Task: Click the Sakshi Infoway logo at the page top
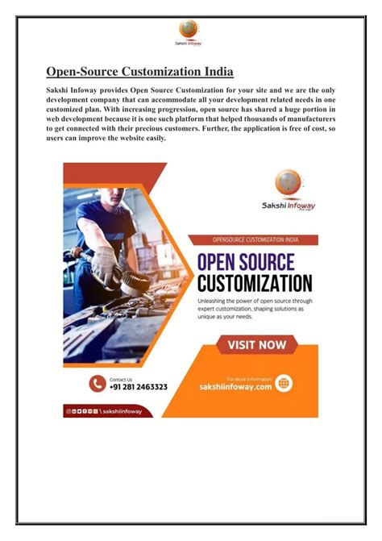point(189,32)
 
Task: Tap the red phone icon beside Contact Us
point(98,384)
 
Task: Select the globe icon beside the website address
point(284,384)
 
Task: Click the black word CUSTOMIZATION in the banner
point(255,283)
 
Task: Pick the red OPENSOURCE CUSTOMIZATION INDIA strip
point(252,239)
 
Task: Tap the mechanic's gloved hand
point(105,263)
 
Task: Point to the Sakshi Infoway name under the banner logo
point(289,206)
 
